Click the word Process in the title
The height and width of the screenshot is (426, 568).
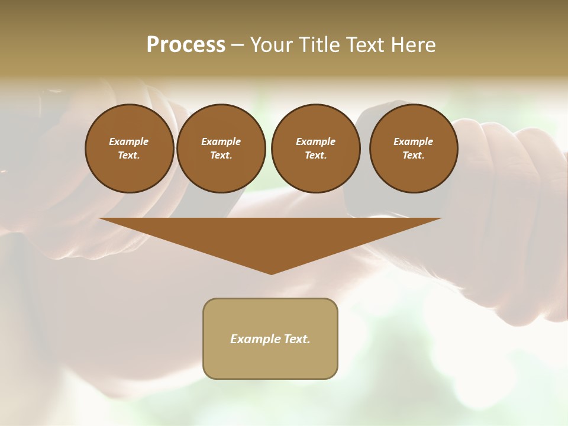coord(186,44)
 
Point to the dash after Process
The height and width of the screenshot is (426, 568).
coord(237,46)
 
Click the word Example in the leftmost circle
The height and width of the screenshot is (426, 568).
coord(129,141)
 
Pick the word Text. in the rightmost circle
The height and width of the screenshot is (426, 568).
coord(413,155)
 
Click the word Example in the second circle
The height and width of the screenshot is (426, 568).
coord(221,141)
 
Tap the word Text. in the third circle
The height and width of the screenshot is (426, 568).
coord(315,155)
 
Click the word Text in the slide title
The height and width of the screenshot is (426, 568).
coord(367,44)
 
